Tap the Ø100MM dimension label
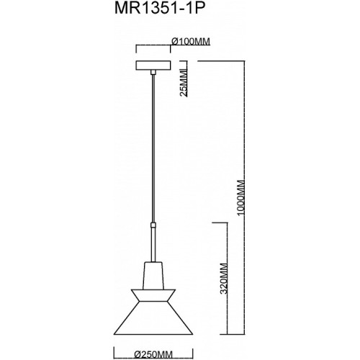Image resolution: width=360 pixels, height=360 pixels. click(x=191, y=42)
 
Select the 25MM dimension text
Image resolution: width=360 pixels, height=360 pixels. click(x=184, y=83)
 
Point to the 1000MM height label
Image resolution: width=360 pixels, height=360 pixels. click(x=240, y=197)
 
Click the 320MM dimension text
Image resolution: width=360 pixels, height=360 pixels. click(x=224, y=279)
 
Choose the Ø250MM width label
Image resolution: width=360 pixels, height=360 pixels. click(x=153, y=354)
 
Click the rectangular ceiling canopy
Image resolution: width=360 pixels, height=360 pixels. click(x=153, y=66)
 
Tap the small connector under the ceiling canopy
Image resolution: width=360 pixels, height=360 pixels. click(x=153, y=72)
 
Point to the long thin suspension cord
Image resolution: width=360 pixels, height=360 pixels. click(x=153, y=148)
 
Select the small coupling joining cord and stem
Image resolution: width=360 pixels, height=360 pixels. click(x=153, y=225)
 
